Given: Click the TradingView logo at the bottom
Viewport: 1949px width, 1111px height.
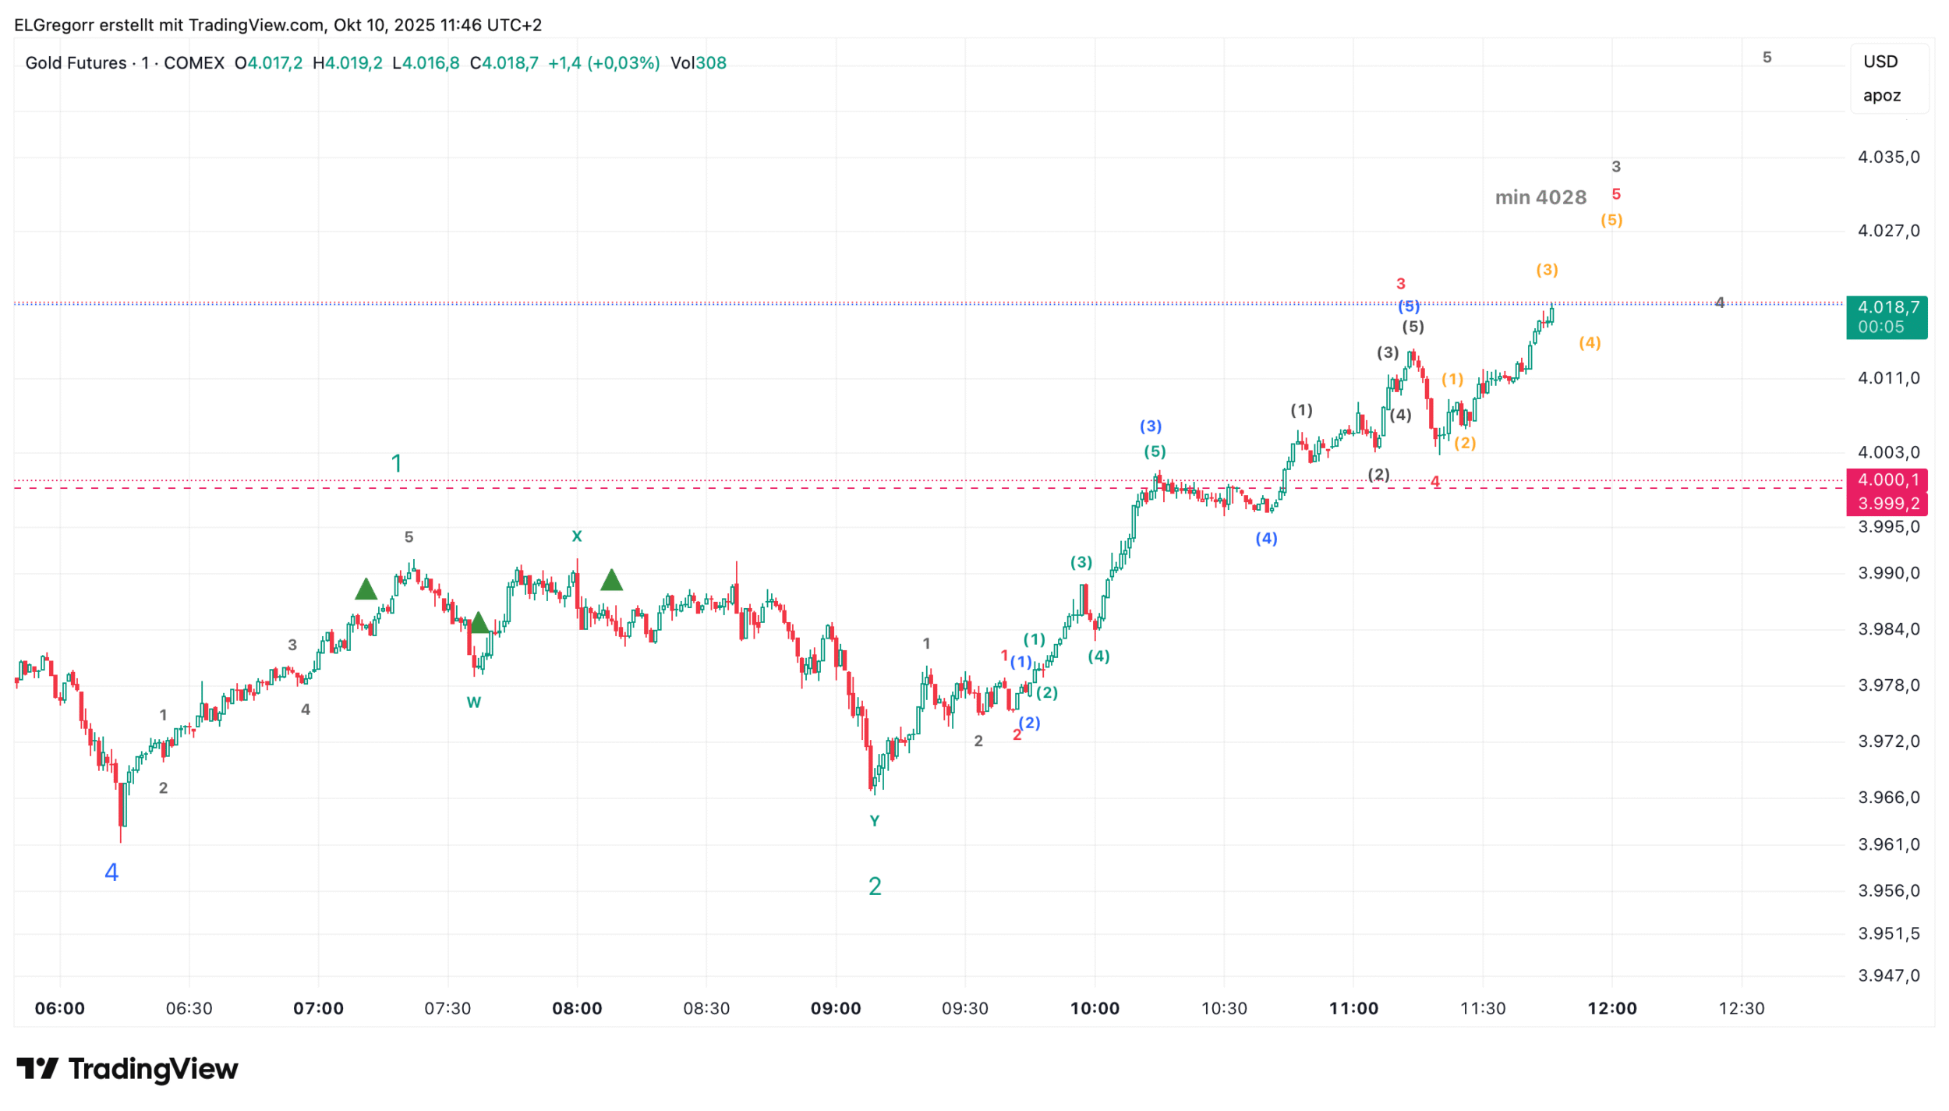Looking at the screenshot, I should pos(127,1069).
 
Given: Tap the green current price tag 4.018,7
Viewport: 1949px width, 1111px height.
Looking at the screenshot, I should pos(1886,307).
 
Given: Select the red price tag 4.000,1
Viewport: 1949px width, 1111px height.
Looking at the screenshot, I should pos(1886,480).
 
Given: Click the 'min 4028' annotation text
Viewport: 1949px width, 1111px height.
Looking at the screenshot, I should pos(1540,198).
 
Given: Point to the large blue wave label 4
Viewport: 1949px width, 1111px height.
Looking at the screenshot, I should pos(111,872).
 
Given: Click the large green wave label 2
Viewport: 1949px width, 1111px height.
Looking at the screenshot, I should pos(875,886).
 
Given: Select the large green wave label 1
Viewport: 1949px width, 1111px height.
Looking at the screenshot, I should pos(396,464).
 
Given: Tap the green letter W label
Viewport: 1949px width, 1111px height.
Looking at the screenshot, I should pos(473,702).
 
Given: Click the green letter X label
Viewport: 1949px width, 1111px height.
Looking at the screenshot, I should pos(577,536).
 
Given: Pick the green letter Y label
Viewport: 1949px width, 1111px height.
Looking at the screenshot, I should pos(875,821).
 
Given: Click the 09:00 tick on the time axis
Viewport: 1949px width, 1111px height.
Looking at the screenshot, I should pos(836,1009).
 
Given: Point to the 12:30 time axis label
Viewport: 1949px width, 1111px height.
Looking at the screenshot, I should pos(1742,1009).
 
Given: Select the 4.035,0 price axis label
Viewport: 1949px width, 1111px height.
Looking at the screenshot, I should pos(1888,157).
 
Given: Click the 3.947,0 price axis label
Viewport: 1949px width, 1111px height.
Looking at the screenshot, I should pos(1888,975).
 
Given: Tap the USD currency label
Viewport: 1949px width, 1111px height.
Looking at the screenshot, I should pos(1880,62).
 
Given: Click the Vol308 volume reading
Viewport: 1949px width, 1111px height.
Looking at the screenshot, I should pos(698,63).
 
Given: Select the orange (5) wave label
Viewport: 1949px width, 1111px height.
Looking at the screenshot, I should pos(1611,221).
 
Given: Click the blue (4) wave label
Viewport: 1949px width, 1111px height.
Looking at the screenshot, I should pos(1266,539).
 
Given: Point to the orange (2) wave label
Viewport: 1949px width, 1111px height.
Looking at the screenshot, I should pos(1465,444).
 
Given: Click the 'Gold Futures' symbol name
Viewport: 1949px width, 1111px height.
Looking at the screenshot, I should pos(76,63).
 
